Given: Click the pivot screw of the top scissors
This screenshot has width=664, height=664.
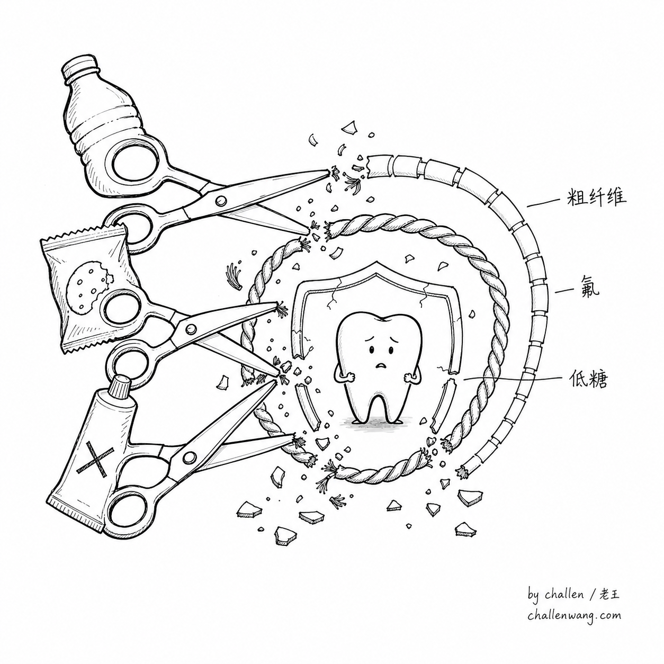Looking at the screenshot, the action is (x=221, y=200).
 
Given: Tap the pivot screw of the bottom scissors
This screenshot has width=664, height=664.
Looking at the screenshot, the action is (x=189, y=457).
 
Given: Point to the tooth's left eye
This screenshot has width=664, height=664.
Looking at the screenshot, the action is (x=372, y=351).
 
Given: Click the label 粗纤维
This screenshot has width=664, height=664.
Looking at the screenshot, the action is (x=596, y=199).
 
